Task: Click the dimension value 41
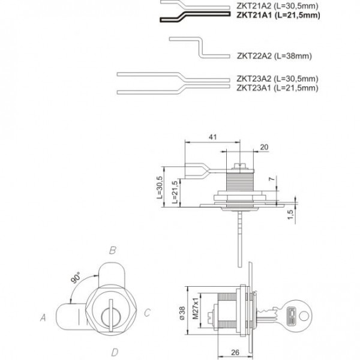212,137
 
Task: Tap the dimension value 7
273,180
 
